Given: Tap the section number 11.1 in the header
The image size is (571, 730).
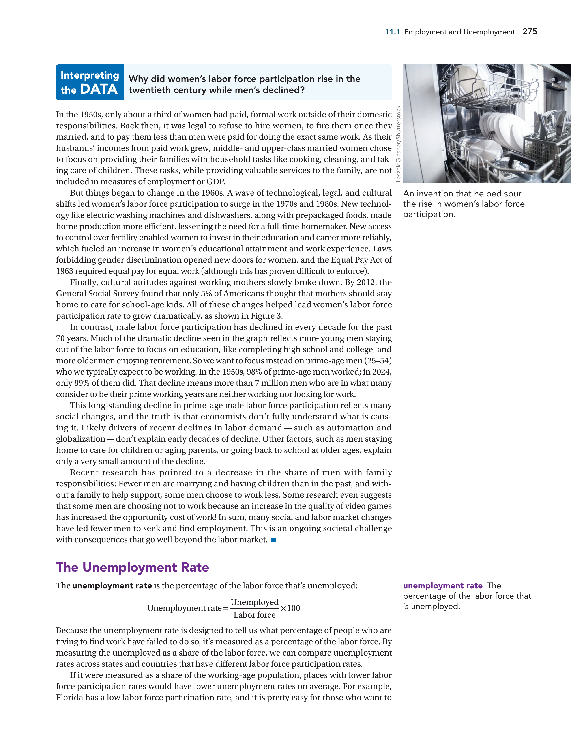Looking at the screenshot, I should click(x=392, y=32).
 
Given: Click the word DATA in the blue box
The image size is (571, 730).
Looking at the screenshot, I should click(x=99, y=89).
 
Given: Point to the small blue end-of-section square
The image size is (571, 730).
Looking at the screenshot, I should click(x=273, y=540).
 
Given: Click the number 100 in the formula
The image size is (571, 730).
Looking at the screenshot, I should click(x=293, y=608).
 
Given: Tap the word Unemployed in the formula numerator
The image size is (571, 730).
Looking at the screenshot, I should click(x=255, y=602).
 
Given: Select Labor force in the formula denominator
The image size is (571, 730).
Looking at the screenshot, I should click(x=255, y=615).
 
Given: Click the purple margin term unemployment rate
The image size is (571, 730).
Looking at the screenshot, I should click(x=442, y=586).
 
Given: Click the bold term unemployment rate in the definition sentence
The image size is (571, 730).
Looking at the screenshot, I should click(x=112, y=586).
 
